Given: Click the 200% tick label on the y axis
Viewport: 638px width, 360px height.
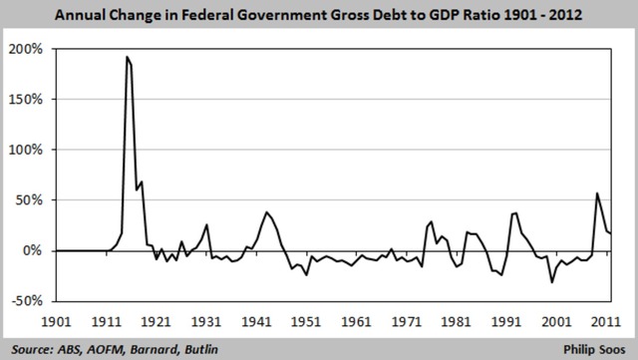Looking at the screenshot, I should coord(26,49).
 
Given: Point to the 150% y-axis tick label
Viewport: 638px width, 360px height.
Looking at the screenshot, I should coord(26,100).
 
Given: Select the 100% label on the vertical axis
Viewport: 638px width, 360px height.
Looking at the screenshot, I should coord(26,150).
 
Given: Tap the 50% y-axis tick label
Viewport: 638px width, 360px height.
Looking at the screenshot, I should coord(29,200).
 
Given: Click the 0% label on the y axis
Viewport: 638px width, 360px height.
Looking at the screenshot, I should coord(33,250).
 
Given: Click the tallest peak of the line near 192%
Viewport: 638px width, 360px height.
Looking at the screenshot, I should coord(127,57).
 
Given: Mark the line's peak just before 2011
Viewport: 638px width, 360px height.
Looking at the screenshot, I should coord(597,193).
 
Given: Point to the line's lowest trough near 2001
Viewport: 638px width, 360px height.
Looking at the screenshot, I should coord(551,282).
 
